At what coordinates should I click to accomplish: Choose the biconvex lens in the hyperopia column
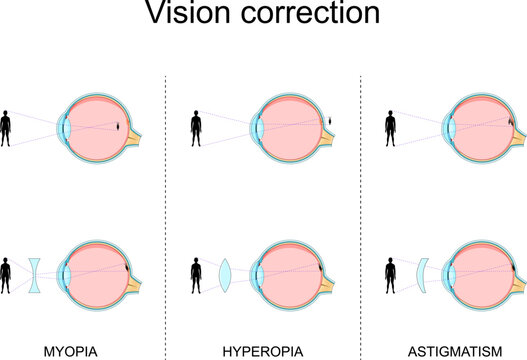click(225, 272)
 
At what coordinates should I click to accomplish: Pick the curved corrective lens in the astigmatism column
click(423, 272)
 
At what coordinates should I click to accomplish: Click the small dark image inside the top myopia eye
click(121, 128)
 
